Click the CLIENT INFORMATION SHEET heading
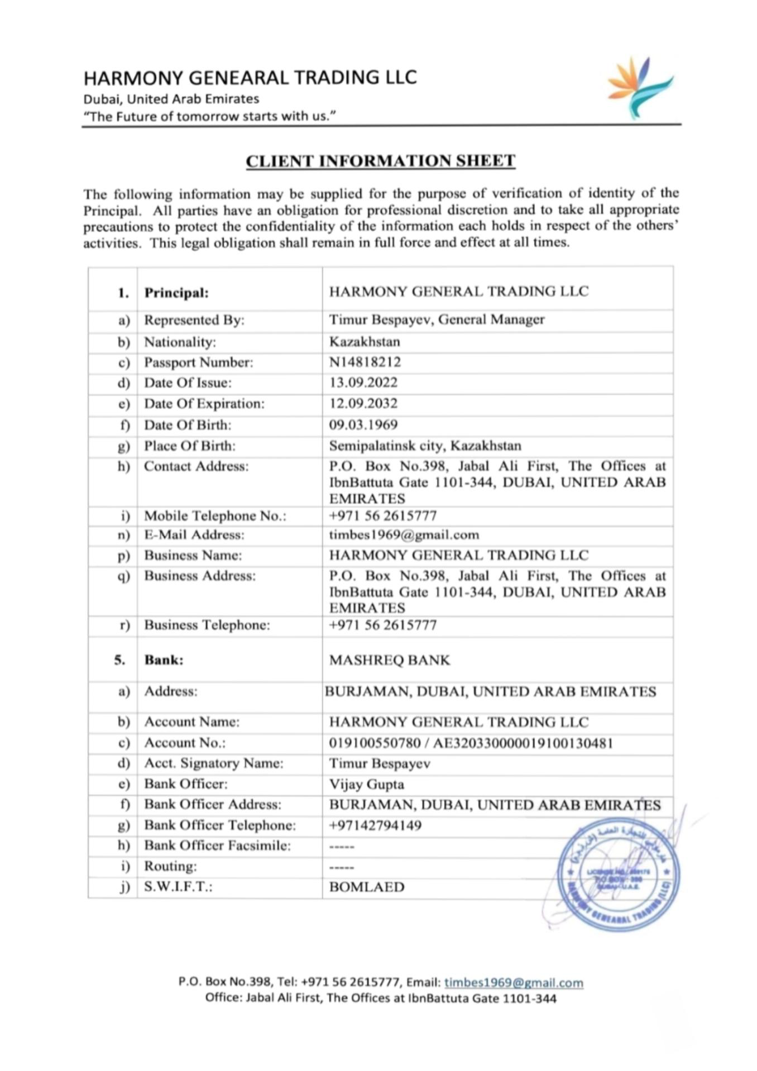(380, 161)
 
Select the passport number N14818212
(365, 362)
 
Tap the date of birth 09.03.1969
(363, 425)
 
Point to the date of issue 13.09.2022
(363, 382)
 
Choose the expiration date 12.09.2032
(363, 403)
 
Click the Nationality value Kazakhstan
(365, 341)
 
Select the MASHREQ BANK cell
(389, 660)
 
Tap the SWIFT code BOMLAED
(366, 887)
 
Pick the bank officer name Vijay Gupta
(366, 784)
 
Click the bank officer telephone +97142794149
(375, 825)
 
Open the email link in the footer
(514, 983)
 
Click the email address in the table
(404, 535)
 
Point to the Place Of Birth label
(190, 446)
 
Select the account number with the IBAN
(471, 743)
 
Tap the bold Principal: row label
(176, 293)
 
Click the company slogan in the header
(209, 116)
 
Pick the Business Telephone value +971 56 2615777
(382, 625)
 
